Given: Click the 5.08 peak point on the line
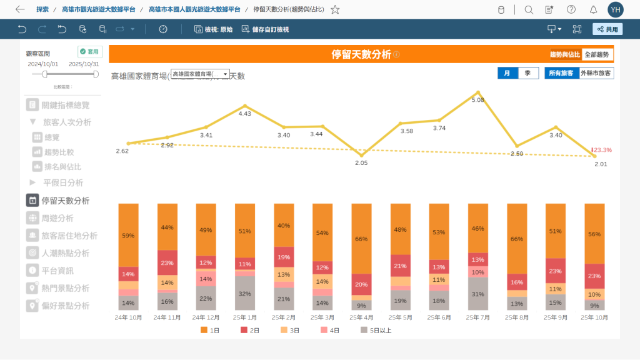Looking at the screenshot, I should coord(478,92).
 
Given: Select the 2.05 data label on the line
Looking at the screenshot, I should coord(361,162).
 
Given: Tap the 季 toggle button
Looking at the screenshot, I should coord(528,73).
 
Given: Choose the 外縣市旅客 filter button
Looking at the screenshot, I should coord(596,73).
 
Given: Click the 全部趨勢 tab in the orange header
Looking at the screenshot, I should coord(597,55).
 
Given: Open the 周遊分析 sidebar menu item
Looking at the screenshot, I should coord(57,218).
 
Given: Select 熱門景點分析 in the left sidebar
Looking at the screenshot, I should coord(65,288).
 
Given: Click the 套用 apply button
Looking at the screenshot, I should coord(90,52).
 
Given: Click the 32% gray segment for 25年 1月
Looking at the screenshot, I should coord(245,293).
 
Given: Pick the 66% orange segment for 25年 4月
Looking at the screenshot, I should coord(361,238).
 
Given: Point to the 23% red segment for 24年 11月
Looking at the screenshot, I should coord(167,263).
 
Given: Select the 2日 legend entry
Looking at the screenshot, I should coord(252,330).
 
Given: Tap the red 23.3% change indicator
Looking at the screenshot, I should coord(602,150).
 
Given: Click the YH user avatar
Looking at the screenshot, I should coord(616,9).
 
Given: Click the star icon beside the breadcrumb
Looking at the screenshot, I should coord(335,9).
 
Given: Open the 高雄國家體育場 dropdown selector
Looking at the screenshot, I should coord(200,74).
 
